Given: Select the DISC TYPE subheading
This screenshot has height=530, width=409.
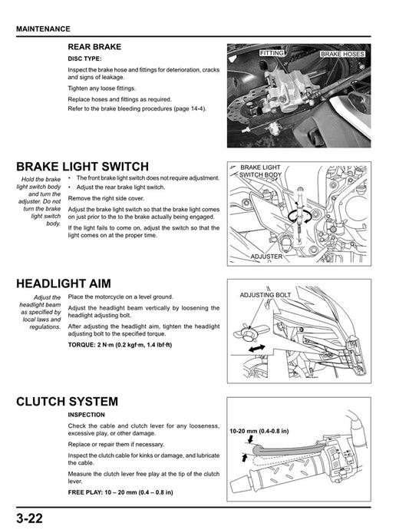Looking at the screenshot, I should (x=85, y=58).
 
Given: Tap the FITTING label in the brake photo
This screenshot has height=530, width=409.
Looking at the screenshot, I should (x=272, y=53).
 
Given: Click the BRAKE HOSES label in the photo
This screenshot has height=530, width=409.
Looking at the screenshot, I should (x=342, y=55).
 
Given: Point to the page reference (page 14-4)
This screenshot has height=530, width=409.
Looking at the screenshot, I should (x=190, y=108).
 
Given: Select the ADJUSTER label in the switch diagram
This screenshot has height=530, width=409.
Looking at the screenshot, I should (x=267, y=257).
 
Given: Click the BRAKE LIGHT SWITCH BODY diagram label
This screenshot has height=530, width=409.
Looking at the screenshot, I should (x=260, y=171).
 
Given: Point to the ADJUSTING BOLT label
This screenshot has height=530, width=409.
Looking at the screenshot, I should (x=266, y=295).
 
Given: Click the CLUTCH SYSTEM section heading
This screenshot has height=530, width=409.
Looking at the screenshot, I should (x=67, y=402).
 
